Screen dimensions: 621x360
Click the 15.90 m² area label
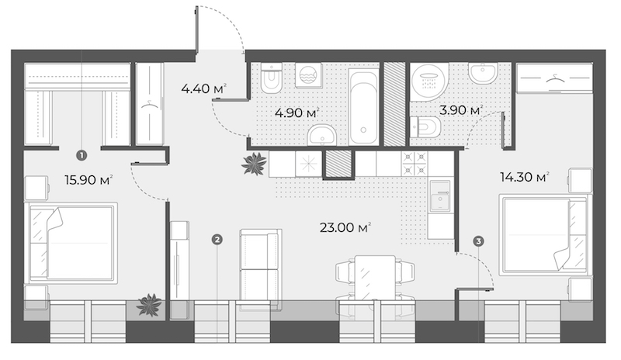click(88, 180)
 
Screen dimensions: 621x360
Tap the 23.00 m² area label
click(345, 228)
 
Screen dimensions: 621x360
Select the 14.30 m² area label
click(525, 177)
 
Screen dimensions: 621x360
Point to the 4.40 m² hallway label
click(203, 88)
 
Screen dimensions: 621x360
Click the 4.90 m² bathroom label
click(297, 112)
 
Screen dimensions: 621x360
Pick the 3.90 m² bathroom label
click(461, 110)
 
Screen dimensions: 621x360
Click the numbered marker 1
click(82, 156)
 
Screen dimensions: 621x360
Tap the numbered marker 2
click(217, 239)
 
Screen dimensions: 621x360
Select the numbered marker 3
click(478, 241)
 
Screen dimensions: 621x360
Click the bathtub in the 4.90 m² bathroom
click(363, 106)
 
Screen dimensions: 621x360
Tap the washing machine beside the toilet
click(308, 75)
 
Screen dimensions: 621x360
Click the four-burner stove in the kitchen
click(415, 164)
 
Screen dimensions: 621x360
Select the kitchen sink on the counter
click(440, 196)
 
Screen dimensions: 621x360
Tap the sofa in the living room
click(261, 269)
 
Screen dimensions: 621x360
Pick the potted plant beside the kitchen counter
click(254, 163)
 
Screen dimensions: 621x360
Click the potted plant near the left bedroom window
click(149, 305)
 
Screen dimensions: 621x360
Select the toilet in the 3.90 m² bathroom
click(425, 127)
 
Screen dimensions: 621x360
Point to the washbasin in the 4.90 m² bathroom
click(321, 135)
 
